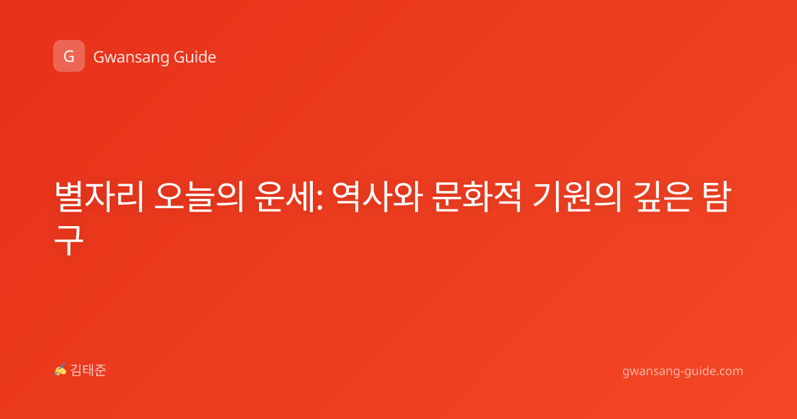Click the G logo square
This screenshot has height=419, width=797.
click(x=69, y=56)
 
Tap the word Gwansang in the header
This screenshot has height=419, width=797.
click(x=131, y=58)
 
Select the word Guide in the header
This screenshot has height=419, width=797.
click(x=195, y=57)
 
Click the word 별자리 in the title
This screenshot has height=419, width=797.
click(x=99, y=197)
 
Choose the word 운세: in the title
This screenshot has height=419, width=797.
click(x=289, y=197)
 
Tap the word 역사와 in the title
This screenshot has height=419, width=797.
click(x=378, y=197)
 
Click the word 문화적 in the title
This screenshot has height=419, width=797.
click(x=478, y=197)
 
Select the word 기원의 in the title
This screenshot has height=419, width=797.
click(x=577, y=197)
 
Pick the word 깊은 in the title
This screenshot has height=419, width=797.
click(x=664, y=197)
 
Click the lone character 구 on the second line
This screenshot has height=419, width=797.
click(x=69, y=240)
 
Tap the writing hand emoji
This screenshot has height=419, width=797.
click(x=60, y=370)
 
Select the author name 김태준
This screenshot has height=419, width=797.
click(x=88, y=370)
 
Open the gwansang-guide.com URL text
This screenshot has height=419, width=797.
click(x=683, y=372)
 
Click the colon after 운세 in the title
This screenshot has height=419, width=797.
click(x=319, y=201)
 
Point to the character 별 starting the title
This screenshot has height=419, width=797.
click(x=69, y=197)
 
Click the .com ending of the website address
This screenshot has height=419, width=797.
click(x=729, y=372)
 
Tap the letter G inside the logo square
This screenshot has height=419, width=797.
click(x=69, y=57)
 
